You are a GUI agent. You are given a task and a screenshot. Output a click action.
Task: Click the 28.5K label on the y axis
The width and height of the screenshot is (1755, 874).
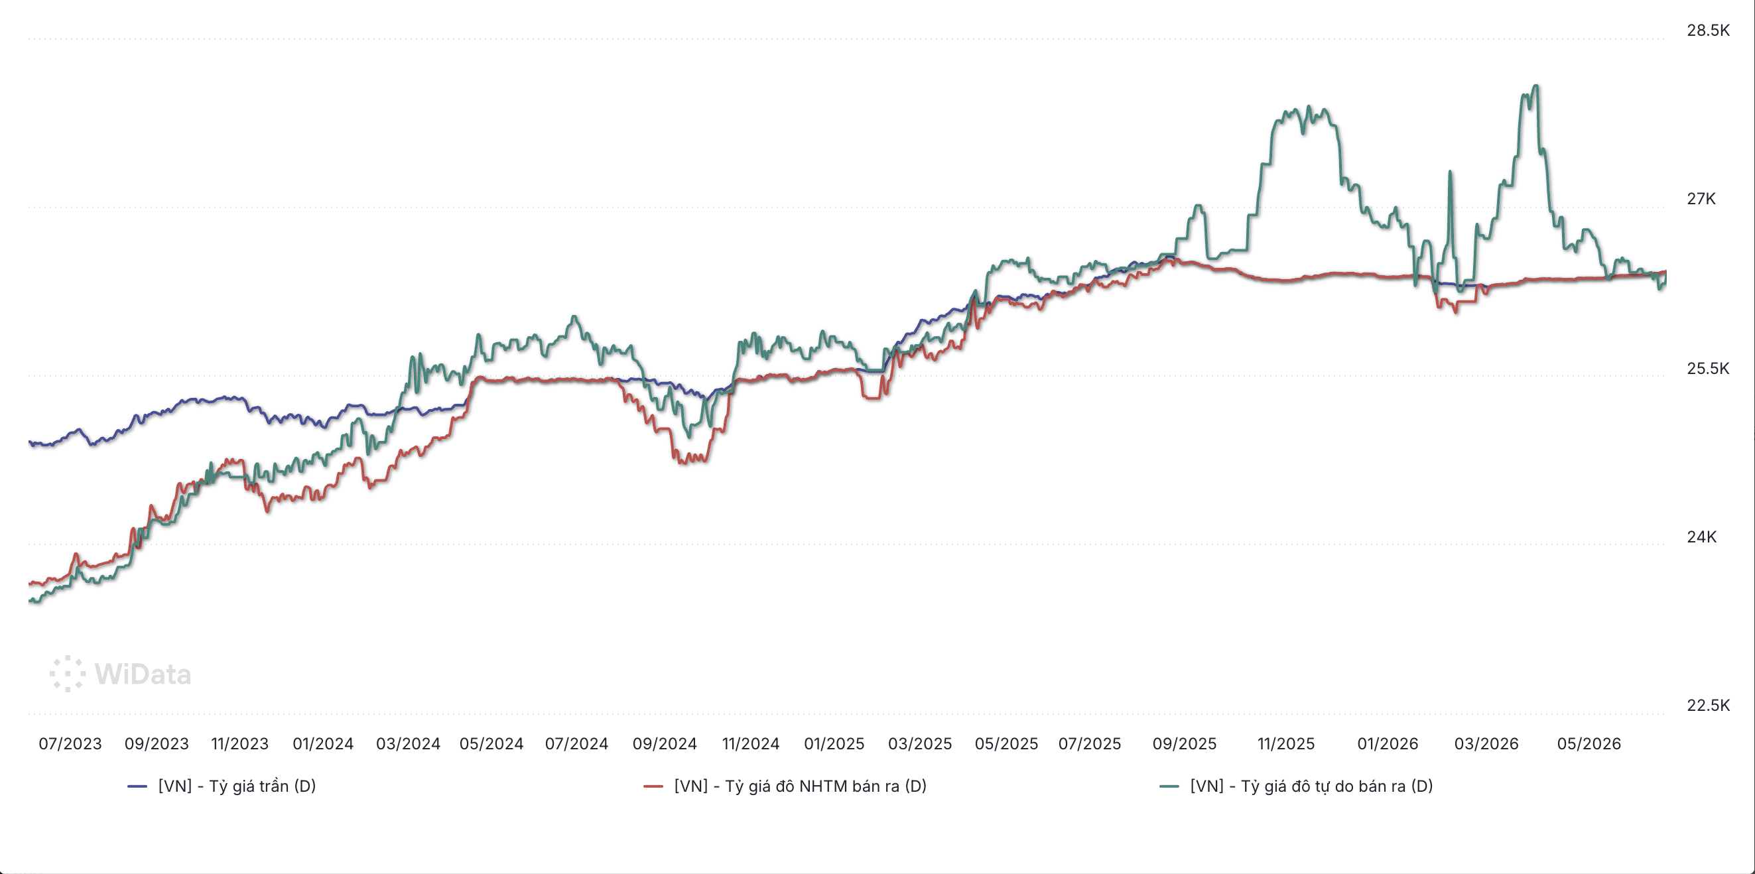pyautogui.click(x=1708, y=30)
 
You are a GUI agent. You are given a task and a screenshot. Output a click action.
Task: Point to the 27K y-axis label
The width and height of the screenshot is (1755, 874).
pyautogui.click(x=1701, y=199)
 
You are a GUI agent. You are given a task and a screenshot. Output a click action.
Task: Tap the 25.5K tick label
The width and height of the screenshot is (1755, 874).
pyautogui.click(x=1708, y=369)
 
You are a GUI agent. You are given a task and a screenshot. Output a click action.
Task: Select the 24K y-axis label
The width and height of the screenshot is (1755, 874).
pyautogui.click(x=1701, y=536)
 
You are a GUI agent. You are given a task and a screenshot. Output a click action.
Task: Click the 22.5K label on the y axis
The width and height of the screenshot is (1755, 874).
pyautogui.click(x=1708, y=705)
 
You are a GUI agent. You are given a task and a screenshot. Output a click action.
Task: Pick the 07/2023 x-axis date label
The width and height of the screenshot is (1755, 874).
pyautogui.click(x=70, y=743)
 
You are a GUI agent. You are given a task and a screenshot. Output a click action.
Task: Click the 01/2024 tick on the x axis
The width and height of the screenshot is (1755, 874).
pyautogui.click(x=323, y=743)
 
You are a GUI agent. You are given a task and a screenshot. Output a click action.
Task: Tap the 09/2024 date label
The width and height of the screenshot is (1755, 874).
pyautogui.click(x=664, y=743)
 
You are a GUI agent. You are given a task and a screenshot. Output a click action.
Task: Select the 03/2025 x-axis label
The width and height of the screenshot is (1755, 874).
pyautogui.click(x=920, y=743)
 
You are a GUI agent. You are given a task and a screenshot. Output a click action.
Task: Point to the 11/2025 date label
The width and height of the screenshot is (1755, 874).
pyautogui.click(x=1285, y=743)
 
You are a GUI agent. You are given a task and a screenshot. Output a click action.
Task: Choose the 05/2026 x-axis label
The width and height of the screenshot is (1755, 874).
pyautogui.click(x=1589, y=743)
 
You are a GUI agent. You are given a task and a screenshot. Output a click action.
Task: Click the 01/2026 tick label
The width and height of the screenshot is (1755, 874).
pyautogui.click(x=1387, y=743)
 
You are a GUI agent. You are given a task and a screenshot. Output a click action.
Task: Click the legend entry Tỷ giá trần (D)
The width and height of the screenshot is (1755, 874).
pyautogui.click(x=237, y=786)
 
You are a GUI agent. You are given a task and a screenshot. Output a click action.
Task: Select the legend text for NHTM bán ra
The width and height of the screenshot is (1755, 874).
pyautogui.click(x=800, y=786)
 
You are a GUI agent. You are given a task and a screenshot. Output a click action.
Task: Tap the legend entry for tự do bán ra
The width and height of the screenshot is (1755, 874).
pyautogui.click(x=1311, y=786)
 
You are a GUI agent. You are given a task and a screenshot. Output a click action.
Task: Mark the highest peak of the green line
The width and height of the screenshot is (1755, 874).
pyautogui.click(x=1535, y=86)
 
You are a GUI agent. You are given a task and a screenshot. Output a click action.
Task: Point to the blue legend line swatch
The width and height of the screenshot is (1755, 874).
pyautogui.click(x=137, y=786)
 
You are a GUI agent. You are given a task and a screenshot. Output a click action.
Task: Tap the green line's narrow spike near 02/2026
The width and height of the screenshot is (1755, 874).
pyautogui.click(x=1450, y=172)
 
